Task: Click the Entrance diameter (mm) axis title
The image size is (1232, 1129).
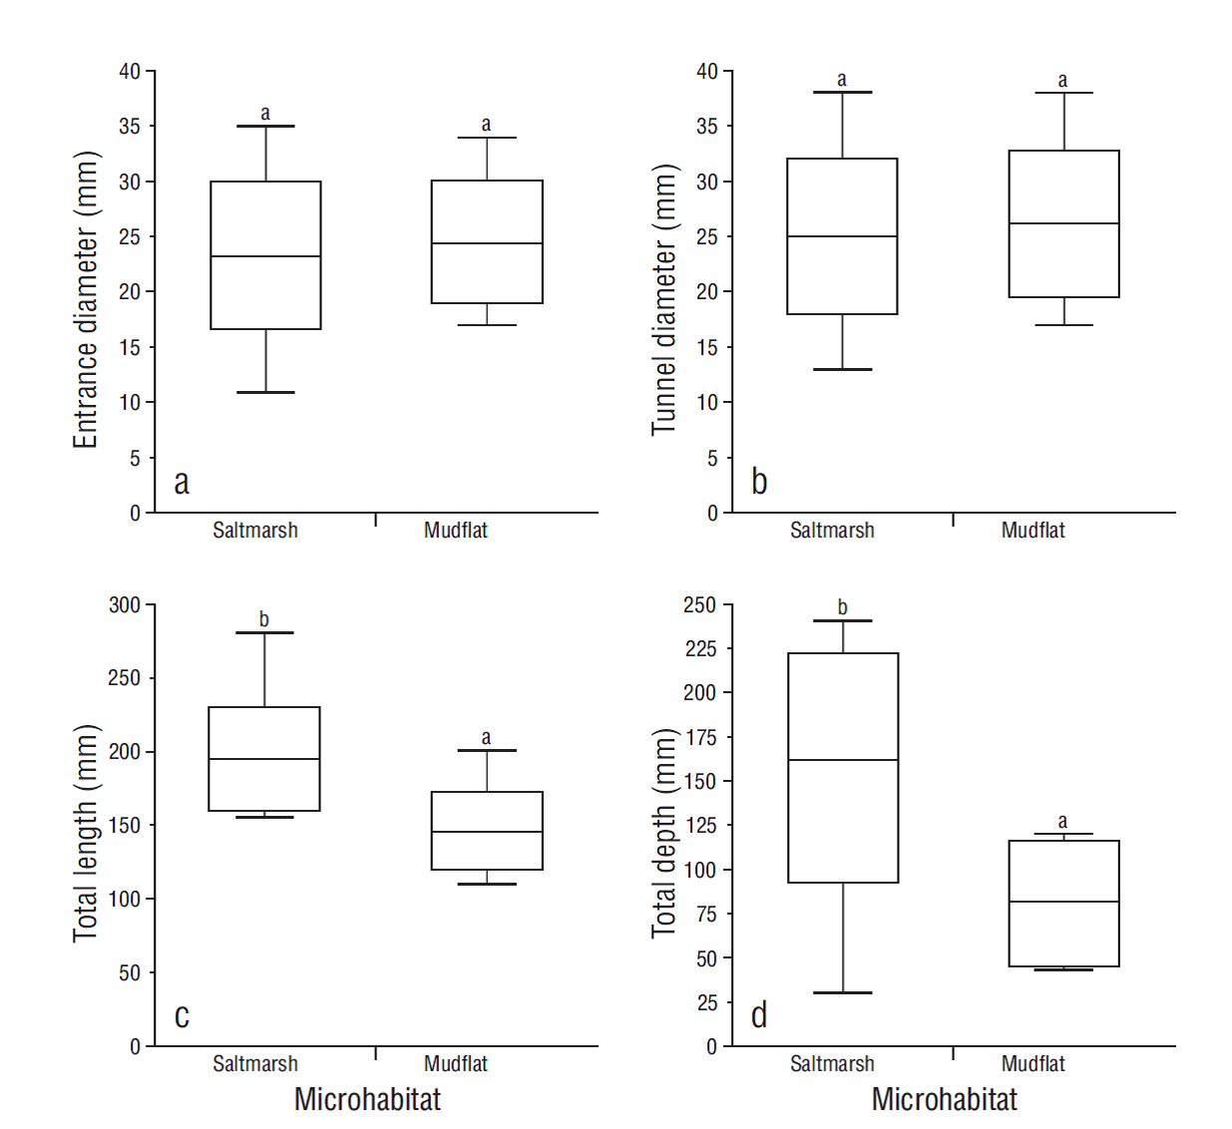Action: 86,299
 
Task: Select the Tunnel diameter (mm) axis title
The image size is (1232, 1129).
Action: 664,299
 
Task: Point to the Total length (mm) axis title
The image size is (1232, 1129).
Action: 86,833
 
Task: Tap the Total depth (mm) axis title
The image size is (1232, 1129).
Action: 664,833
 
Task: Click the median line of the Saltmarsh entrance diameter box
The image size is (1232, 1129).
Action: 265,256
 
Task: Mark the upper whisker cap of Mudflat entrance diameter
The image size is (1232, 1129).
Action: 487,138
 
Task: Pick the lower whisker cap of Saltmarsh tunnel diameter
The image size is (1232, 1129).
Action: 842,370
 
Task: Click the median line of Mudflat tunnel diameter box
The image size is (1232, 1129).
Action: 1063,223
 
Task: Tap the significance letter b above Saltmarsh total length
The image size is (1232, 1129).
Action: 264,619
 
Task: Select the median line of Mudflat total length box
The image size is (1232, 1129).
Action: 487,832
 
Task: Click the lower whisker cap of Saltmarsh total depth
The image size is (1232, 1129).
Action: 843,992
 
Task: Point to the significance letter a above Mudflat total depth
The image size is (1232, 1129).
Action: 1062,822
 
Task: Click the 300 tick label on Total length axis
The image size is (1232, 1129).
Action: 125,604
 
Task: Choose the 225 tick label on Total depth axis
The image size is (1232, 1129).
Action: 700,648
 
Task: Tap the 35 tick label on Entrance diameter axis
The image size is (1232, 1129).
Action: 130,127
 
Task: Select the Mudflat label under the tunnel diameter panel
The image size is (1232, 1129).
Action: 1032,531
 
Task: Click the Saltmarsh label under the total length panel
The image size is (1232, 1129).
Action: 255,1064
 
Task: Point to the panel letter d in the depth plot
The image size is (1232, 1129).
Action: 759,1015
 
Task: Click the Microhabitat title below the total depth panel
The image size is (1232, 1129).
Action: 944,1099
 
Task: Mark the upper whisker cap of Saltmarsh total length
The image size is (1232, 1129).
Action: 264,632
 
